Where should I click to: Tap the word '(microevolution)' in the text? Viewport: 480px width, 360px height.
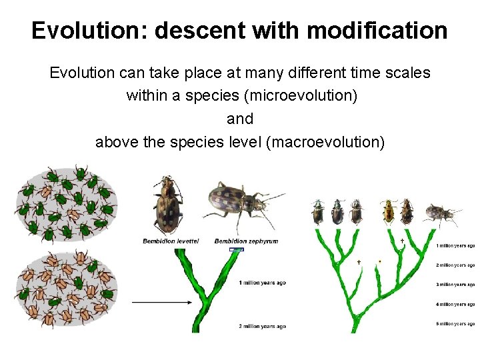[301, 95]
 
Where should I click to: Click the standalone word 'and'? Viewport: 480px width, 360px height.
[240, 119]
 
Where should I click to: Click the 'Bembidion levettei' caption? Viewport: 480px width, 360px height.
[171, 241]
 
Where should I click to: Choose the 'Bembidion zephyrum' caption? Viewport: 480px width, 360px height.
[246, 241]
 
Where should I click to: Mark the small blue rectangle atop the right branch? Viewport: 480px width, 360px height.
[236, 249]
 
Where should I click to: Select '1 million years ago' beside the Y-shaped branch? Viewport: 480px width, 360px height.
[262, 283]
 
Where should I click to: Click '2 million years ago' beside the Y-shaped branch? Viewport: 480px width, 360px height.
[262, 326]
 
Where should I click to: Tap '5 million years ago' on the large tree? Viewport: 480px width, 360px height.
[455, 324]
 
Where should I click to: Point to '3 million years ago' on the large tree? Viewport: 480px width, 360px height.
[455, 285]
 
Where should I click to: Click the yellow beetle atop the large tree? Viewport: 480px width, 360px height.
[389, 211]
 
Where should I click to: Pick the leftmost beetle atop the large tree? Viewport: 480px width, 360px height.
[317, 212]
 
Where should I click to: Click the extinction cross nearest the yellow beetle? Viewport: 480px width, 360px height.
[402, 240]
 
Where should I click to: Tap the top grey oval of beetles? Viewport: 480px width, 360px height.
[66, 204]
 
